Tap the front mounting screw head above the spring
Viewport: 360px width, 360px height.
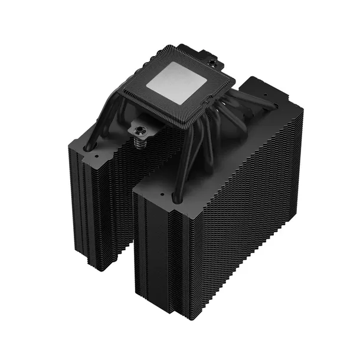(142, 126)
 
